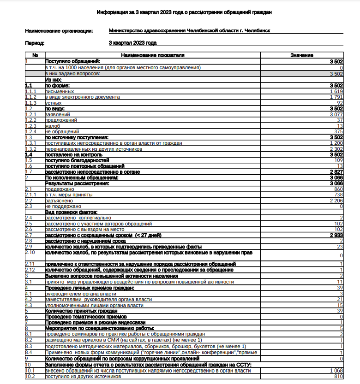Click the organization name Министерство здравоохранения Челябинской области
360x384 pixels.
[x=189, y=31]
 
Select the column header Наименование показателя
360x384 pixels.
[x=152, y=55]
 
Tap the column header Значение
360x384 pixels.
[x=302, y=55]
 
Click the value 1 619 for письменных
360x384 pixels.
[x=336, y=91]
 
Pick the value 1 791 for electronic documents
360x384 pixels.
[x=336, y=97]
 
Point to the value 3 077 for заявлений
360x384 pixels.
[x=336, y=114]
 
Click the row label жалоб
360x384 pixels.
[x=52, y=126]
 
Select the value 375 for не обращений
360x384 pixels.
[x=338, y=131]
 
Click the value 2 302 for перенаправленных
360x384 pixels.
[x=336, y=149]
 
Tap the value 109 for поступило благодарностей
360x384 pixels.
[x=339, y=160]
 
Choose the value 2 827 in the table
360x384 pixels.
[x=336, y=172]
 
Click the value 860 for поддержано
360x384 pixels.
[x=339, y=189]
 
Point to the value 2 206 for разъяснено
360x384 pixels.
[x=336, y=201]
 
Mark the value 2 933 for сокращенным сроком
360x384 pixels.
[x=336, y=235]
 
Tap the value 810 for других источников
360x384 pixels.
[x=339, y=377]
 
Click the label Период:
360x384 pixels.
[x=35, y=43]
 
